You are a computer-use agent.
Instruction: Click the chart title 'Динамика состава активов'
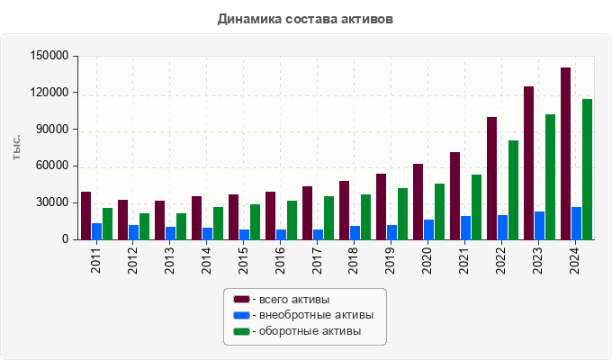coord(305,19)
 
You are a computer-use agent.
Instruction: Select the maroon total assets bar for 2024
coord(565,154)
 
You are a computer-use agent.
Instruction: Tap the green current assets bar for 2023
coord(550,177)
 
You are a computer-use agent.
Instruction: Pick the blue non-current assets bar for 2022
coord(502,228)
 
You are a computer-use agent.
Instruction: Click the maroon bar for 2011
coord(85,216)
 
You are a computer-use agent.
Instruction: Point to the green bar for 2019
coord(402,214)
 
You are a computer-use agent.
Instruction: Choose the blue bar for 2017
coord(318,235)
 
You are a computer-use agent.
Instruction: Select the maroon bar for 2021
coord(454,196)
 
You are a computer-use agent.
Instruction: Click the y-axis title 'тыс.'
coord(17,148)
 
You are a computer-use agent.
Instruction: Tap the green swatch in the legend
coord(241,332)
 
